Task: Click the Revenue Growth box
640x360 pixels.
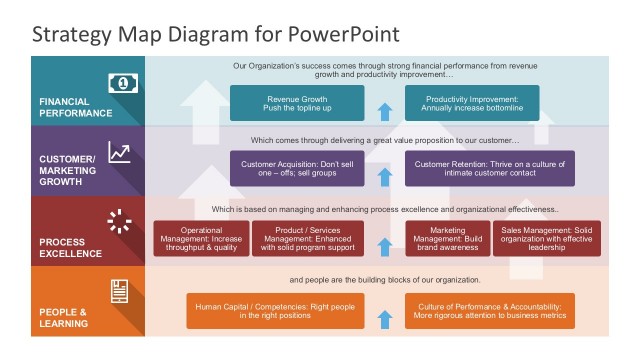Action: (x=297, y=103)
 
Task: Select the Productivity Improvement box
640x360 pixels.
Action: (x=472, y=103)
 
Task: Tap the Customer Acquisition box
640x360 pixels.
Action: (x=297, y=169)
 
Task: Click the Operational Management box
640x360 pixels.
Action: (x=201, y=239)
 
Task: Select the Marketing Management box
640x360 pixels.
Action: (x=447, y=239)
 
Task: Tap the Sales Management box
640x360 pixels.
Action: (x=547, y=239)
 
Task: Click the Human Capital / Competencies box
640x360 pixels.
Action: (x=275, y=311)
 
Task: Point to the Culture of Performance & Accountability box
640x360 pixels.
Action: (x=489, y=311)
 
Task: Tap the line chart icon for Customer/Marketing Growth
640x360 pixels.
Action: (x=120, y=152)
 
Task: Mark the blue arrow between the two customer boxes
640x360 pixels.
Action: (x=384, y=177)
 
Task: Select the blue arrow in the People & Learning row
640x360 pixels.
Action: (x=384, y=319)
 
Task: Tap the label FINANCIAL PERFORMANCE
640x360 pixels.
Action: (x=78, y=108)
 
